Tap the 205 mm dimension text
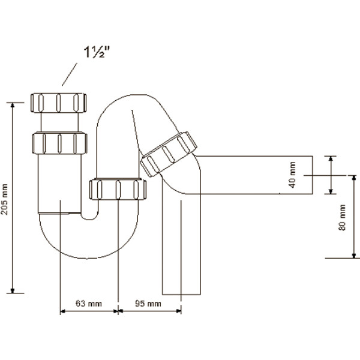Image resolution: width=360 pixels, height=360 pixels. pos(7,198)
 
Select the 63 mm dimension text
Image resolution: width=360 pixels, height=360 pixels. pos(89,304)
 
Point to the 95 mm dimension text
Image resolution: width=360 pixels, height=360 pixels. pos(148,304)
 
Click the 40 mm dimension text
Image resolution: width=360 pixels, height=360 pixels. pos(293,175)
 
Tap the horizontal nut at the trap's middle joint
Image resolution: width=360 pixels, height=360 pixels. pos(118,189)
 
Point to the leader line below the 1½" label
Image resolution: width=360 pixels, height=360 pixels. pos(69,76)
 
